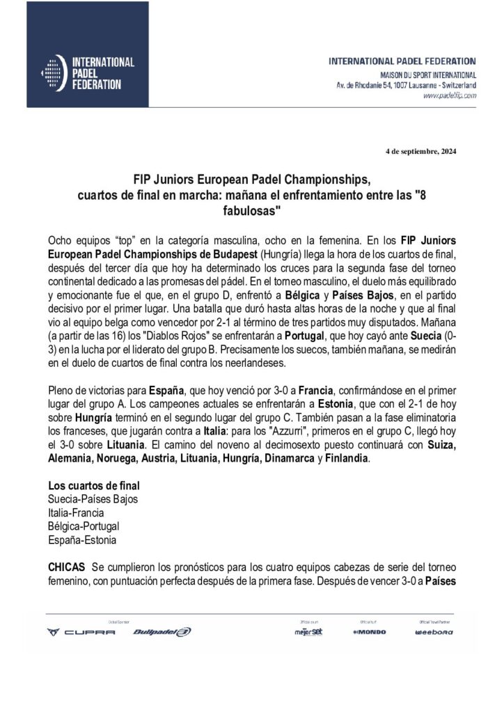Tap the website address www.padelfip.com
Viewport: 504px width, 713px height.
[449, 96]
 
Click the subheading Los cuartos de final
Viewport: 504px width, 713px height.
[93, 485]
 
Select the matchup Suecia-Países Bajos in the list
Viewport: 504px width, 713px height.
[93, 499]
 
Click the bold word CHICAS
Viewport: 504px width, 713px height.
[67, 567]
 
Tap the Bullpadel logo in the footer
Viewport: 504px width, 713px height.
[162, 632]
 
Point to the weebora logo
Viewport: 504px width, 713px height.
[434, 632]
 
